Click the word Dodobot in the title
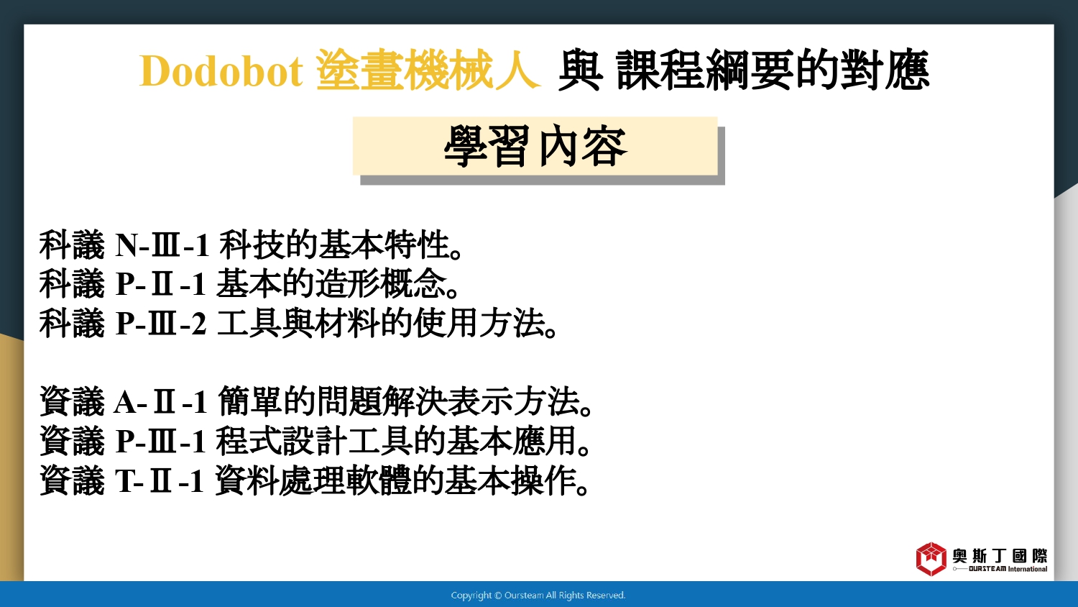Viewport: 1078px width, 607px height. click(221, 71)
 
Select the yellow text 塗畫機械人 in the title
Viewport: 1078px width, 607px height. click(428, 70)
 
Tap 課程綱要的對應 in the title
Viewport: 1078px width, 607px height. click(773, 70)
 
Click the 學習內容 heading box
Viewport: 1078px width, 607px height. click(535, 146)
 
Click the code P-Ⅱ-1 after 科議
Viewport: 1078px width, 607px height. click(161, 284)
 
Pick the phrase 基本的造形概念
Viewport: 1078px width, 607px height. click(336, 284)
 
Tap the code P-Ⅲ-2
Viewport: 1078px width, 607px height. click(161, 323)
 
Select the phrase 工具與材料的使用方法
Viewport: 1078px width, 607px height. click(387, 323)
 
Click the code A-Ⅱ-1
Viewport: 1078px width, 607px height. click(161, 402)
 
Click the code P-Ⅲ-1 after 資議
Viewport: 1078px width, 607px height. click(161, 442)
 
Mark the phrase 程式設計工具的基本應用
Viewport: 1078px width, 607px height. click(402, 441)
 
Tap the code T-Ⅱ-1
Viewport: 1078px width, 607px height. click(160, 481)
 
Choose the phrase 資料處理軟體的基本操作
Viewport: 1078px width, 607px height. click(401, 480)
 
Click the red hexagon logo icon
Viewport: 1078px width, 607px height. click(931, 559)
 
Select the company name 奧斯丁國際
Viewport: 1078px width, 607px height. click(1000, 556)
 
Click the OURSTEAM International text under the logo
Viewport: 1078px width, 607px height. click(1008, 569)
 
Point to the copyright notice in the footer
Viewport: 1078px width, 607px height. click(538, 595)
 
